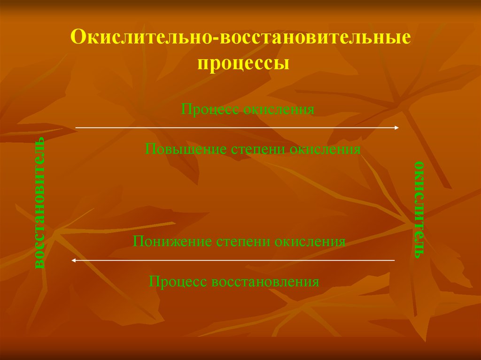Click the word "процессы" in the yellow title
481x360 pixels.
[x=243, y=64]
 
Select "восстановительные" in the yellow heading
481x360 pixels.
[x=315, y=38]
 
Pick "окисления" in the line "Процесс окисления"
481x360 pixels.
[x=279, y=110]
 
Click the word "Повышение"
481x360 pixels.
[x=186, y=149]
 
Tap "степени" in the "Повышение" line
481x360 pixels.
[x=258, y=150]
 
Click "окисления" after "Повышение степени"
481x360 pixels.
[x=325, y=149]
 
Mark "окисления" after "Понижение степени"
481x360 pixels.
[x=310, y=242]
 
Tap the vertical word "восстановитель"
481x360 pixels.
[x=39, y=203]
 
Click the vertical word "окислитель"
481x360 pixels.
[x=419, y=210]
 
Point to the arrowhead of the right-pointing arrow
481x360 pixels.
[x=397, y=128]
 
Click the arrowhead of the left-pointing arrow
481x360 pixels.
[x=73, y=260]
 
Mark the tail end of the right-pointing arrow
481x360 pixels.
[x=76, y=128]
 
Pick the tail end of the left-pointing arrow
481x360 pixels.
[x=395, y=260]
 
